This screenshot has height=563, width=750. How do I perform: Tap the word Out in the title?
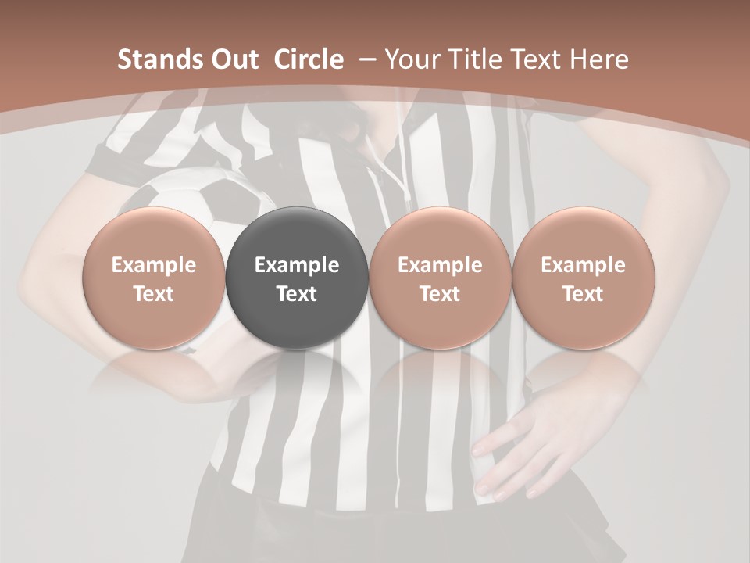232,59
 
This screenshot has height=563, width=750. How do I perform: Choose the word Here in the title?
600,59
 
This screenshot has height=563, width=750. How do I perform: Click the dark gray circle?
297,235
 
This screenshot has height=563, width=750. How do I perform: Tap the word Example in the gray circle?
297,265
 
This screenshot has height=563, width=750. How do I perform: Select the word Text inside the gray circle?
297,294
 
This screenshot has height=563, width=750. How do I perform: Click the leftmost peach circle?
154,235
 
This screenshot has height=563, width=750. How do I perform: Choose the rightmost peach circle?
584,235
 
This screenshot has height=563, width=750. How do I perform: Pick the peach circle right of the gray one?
440,235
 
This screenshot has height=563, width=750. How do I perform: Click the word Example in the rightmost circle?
584,265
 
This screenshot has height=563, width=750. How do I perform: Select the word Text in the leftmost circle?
154,294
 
